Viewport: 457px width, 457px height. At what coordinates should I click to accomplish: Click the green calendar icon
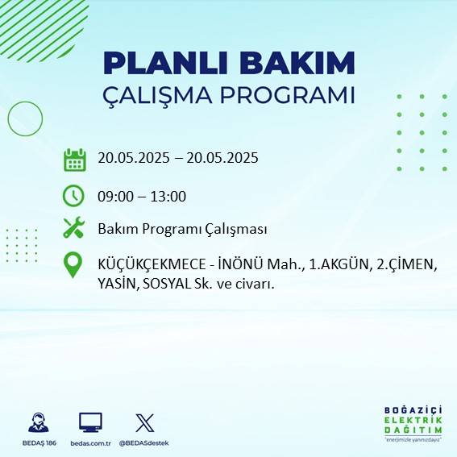click(x=74, y=159)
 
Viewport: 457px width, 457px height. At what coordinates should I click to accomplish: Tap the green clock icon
click(x=73, y=196)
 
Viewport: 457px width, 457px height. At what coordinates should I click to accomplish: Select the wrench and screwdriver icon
click(x=73, y=229)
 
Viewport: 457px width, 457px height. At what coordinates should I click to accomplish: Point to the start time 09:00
click(x=115, y=196)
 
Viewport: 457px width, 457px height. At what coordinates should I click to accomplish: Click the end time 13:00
click(x=168, y=196)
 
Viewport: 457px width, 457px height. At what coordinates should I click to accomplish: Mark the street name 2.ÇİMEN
click(x=407, y=264)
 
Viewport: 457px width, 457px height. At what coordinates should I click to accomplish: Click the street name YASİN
click(x=118, y=284)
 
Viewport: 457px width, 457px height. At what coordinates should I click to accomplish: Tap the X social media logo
click(x=144, y=422)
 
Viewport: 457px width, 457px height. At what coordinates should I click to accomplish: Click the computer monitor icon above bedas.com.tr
click(x=90, y=422)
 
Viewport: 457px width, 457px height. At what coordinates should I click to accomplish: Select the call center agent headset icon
click(x=37, y=422)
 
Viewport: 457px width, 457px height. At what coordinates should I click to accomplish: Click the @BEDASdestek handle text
click(x=144, y=443)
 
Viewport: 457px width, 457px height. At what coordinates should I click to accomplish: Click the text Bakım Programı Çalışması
click(x=182, y=230)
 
